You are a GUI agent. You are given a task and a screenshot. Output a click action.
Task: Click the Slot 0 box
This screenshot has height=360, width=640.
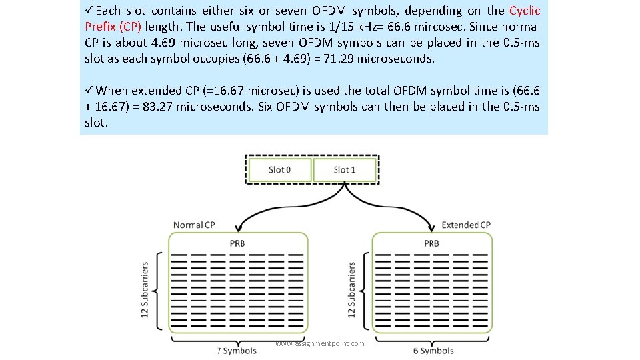point(279,169)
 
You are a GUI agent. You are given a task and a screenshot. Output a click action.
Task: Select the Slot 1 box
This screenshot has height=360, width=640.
point(344,169)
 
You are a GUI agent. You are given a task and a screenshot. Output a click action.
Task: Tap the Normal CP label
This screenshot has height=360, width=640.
point(194,225)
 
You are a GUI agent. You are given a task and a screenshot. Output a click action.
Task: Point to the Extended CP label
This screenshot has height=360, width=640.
point(466,225)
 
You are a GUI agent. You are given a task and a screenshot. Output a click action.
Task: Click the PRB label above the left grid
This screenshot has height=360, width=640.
point(237,243)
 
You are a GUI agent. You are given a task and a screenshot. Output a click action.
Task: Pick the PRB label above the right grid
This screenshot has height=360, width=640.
point(431,243)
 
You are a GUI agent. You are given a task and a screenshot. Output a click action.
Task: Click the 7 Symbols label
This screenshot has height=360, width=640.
point(237,351)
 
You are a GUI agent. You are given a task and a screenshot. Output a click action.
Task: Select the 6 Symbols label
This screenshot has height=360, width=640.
point(433,351)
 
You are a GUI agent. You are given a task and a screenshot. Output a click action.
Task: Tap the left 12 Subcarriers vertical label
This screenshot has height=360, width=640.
point(145,290)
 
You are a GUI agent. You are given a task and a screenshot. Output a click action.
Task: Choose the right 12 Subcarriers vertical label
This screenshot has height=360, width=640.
point(352,290)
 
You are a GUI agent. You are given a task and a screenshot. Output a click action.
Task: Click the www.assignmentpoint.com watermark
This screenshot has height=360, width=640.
point(320,343)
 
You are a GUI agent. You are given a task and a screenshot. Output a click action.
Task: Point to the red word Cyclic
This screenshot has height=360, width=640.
point(524,11)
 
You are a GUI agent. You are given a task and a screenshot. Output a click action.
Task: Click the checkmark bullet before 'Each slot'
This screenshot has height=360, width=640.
point(90,11)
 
